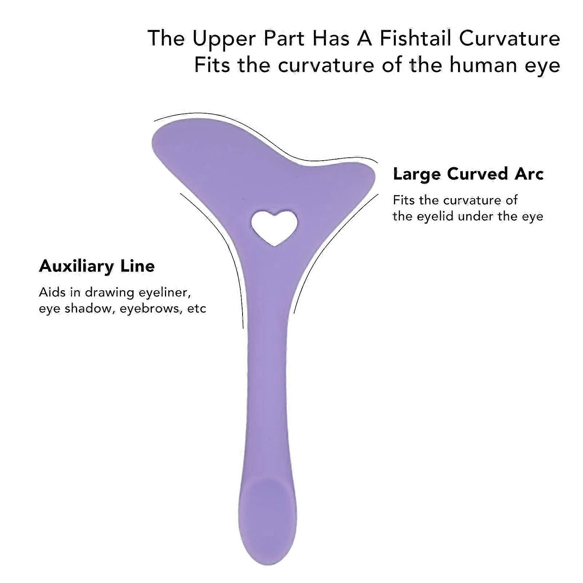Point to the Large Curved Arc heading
(x=468, y=174)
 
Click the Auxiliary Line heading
(x=97, y=266)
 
